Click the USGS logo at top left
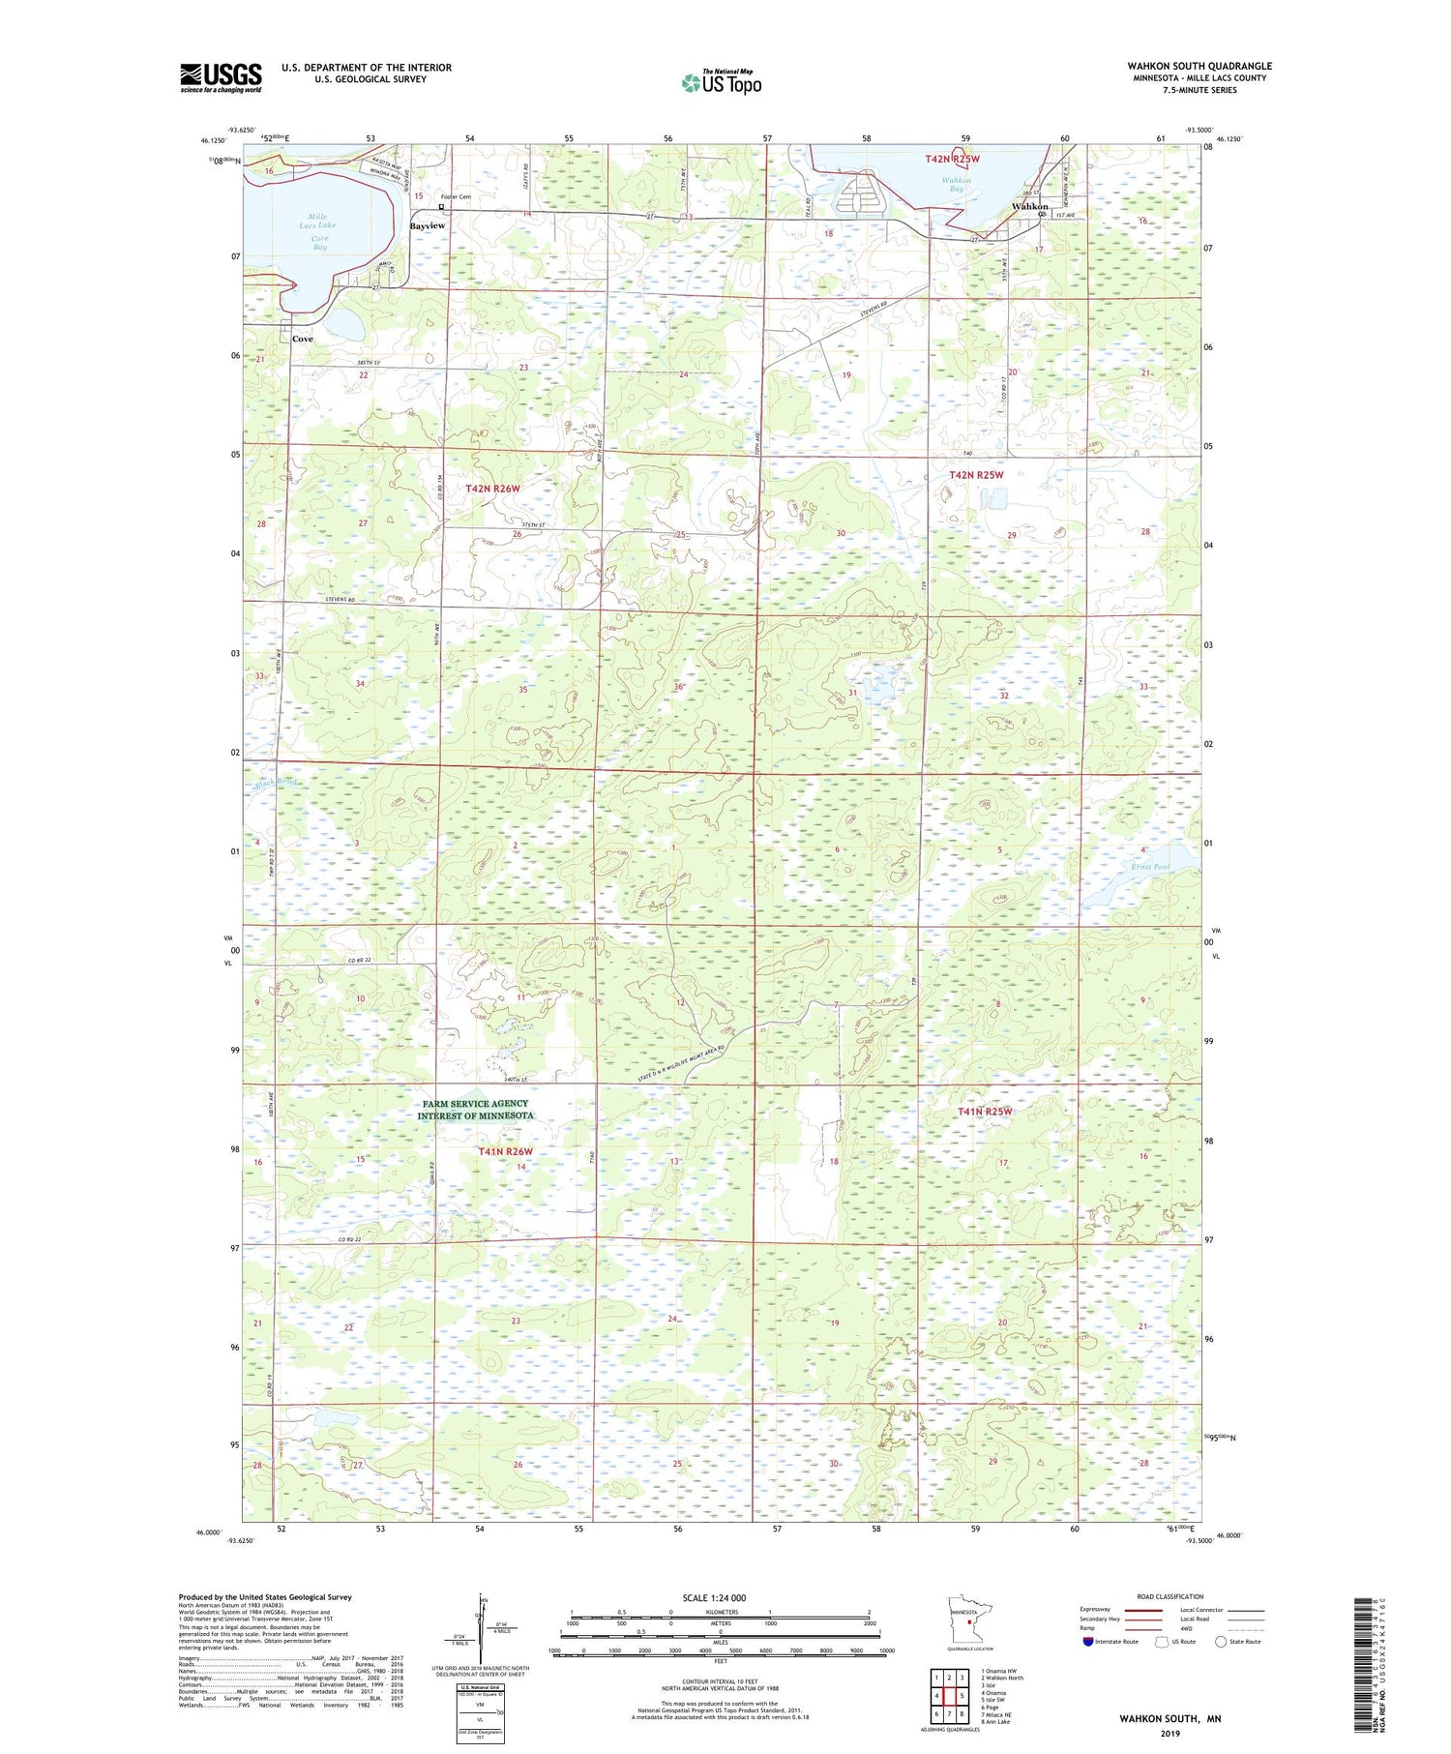(221, 77)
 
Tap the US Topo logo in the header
(721, 83)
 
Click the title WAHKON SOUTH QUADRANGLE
(1199, 66)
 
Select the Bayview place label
(427, 225)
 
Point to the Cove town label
(303, 340)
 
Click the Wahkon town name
(1029, 207)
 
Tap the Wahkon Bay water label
(957, 185)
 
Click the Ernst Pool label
(1148, 867)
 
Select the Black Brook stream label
(277, 783)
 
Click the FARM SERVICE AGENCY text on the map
(475, 1104)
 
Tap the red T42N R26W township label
(492, 490)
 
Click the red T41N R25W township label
(984, 1113)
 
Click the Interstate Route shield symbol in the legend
(1088, 1642)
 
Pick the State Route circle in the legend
(1222, 1641)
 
